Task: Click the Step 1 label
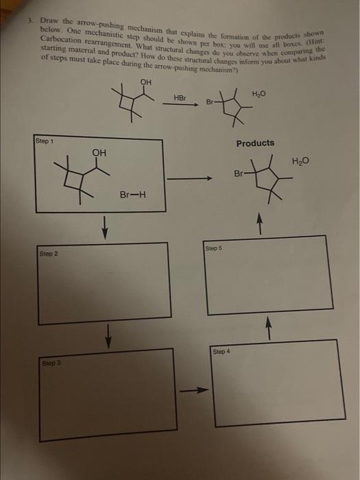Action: click(x=46, y=141)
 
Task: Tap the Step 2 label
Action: click(x=49, y=254)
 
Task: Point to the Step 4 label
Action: click(x=221, y=351)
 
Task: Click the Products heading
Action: click(x=255, y=143)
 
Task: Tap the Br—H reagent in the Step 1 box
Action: click(x=132, y=195)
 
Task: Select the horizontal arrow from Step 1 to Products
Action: click(x=189, y=179)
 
